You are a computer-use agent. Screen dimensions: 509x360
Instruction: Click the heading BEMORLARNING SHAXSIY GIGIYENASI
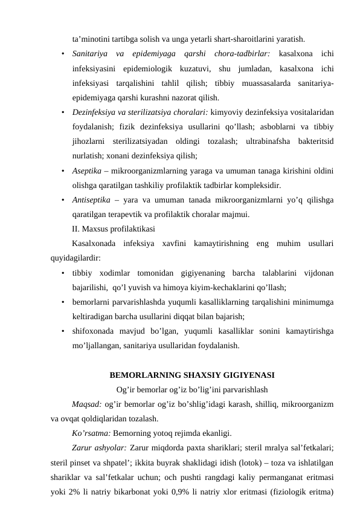click(x=192, y=375)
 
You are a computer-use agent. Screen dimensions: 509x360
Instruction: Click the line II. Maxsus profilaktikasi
click(x=113, y=229)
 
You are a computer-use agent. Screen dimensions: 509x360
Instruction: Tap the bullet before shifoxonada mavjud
click(x=63, y=331)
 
